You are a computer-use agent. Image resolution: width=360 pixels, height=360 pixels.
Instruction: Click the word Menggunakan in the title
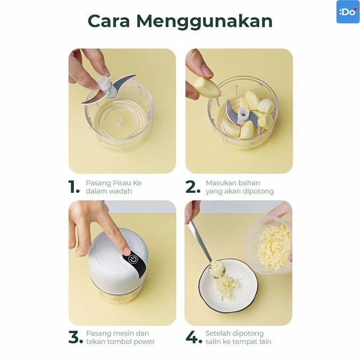[x=204, y=21]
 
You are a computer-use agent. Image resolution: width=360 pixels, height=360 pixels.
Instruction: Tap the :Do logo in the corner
[x=347, y=12]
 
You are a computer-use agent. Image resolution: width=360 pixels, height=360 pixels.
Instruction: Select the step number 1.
[x=73, y=187]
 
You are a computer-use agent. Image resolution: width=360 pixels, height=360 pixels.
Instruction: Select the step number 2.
[x=192, y=187]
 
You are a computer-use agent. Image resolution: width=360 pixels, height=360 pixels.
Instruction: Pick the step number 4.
[x=193, y=337]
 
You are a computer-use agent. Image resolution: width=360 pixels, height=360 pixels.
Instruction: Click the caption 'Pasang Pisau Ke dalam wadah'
[x=114, y=187]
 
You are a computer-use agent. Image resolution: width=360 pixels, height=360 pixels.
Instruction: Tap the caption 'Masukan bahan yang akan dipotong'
[x=239, y=187]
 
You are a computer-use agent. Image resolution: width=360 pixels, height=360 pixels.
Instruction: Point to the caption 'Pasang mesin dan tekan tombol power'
[x=120, y=337]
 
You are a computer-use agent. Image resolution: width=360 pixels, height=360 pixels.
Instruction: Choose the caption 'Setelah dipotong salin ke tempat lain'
[x=238, y=337]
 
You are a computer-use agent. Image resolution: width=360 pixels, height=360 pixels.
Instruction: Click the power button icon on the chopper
[x=133, y=259]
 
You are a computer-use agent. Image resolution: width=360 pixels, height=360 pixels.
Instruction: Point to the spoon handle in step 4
[x=199, y=238]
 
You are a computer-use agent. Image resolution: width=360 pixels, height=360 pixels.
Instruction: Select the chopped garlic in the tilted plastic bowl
[x=274, y=246]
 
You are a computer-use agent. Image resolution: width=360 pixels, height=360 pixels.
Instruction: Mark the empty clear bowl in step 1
[x=119, y=115]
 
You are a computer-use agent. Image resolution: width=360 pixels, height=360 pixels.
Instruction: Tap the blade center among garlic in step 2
[x=242, y=113]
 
